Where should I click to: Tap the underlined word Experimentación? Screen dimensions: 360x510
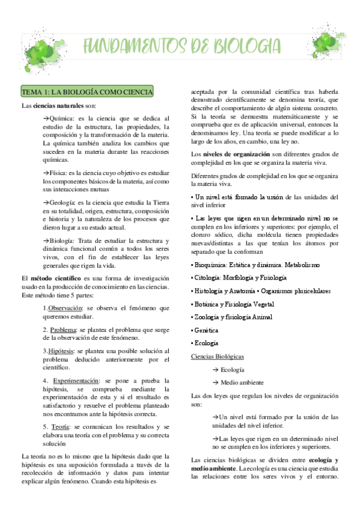76,381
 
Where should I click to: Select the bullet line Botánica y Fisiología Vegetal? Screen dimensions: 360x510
232,304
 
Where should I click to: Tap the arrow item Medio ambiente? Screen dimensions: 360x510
237,382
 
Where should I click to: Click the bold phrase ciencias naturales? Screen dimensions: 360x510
58,105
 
